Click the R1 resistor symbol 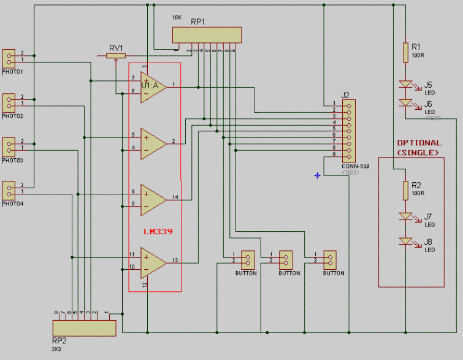pos(405,52)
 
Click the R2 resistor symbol pos(405,190)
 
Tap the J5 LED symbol pos(405,84)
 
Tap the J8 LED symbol pos(405,242)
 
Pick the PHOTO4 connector pos(9,190)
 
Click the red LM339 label pos(158,232)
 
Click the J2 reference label pos(345,95)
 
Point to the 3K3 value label pos(56,349)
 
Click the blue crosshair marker pos(317,175)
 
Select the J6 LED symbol pos(405,103)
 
